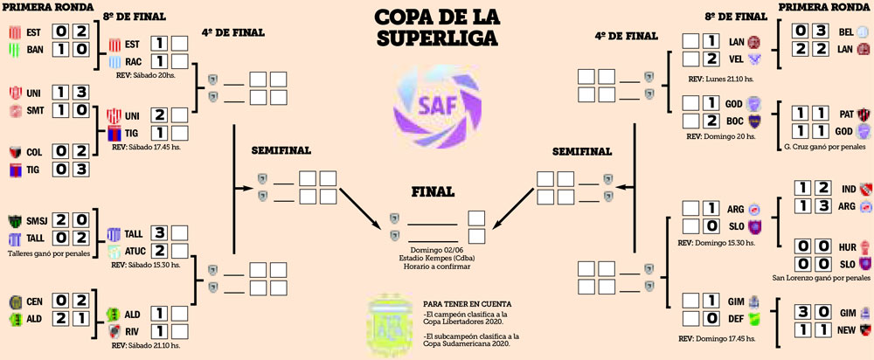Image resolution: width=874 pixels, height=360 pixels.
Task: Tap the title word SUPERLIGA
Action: (x=436, y=38)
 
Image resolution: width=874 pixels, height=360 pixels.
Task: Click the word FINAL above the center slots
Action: (x=434, y=192)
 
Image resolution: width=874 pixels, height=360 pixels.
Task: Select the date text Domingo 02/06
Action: (x=435, y=249)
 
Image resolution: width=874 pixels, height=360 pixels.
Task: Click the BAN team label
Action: (x=36, y=50)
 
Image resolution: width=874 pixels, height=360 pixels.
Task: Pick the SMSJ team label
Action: (x=37, y=219)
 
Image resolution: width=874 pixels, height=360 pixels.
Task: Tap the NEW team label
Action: (x=845, y=330)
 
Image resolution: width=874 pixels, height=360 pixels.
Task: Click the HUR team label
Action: (x=845, y=246)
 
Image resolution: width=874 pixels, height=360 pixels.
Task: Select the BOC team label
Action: (x=734, y=121)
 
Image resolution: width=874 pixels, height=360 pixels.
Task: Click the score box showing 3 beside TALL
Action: (x=160, y=233)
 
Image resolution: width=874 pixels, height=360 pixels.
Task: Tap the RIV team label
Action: (x=132, y=332)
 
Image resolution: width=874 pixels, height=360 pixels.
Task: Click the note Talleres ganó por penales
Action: (x=49, y=251)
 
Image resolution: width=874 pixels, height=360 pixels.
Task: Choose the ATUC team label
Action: (x=134, y=251)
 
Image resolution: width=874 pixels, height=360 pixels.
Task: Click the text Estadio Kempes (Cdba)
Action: (x=435, y=259)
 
